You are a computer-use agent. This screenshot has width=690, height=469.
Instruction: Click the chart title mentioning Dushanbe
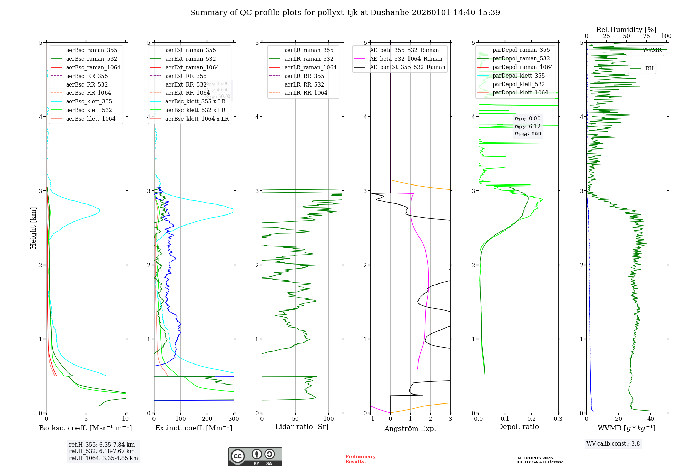coord(345,13)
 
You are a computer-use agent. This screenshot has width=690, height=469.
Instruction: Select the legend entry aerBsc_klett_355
coord(89,101)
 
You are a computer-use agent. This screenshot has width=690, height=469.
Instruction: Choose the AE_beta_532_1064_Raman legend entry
coord(406,59)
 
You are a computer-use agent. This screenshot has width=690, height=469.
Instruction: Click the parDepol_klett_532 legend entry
coord(519,84)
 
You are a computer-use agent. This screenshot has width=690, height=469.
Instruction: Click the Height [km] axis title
coord(33,228)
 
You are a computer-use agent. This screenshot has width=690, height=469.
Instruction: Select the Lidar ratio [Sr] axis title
coord(302,427)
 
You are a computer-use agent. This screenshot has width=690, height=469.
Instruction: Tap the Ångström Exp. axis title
coord(410,428)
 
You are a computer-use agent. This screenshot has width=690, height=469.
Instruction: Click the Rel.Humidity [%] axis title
coord(626,30)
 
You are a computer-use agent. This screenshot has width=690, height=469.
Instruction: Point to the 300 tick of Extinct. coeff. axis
coord(234,419)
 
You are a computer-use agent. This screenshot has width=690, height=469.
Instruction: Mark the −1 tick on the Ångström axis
coord(370,419)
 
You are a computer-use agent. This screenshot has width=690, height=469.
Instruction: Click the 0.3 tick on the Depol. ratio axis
coord(558,419)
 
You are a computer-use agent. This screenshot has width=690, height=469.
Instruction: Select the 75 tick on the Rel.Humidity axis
coord(647,36)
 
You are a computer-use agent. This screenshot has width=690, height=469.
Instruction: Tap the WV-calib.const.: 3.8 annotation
coord(613,444)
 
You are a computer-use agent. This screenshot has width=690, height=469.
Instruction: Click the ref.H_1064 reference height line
coord(103,458)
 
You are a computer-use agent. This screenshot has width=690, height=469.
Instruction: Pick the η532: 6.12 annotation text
coord(528,127)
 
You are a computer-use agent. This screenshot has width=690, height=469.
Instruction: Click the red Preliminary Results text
coord(360,459)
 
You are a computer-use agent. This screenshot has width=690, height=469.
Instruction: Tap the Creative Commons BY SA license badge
coord(255,457)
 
